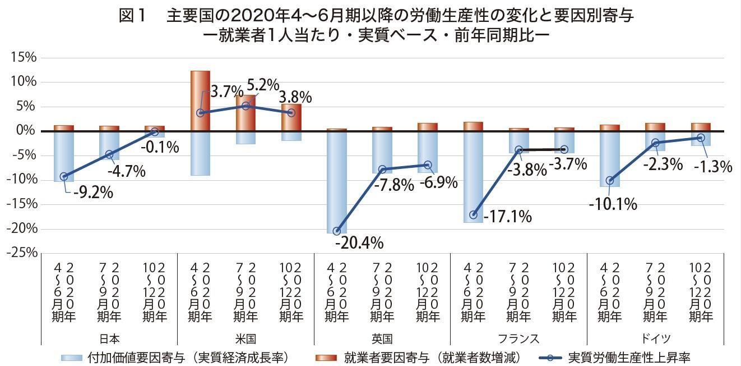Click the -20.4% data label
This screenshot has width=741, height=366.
(x=359, y=243)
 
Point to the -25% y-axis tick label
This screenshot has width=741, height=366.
(x=21, y=253)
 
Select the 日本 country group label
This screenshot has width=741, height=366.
(x=109, y=338)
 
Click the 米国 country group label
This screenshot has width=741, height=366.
(x=246, y=338)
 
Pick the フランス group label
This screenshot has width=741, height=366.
(x=518, y=338)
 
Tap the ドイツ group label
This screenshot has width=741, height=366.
(x=655, y=338)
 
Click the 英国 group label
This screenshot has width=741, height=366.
(x=382, y=338)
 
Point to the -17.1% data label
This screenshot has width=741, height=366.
(x=507, y=216)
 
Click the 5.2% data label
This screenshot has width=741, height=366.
(x=263, y=85)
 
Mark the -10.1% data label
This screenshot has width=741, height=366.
(x=613, y=204)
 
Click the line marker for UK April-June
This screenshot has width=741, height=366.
(x=337, y=231)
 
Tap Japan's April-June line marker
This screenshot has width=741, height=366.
(x=64, y=176)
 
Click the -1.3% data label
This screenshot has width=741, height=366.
(x=713, y=167)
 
